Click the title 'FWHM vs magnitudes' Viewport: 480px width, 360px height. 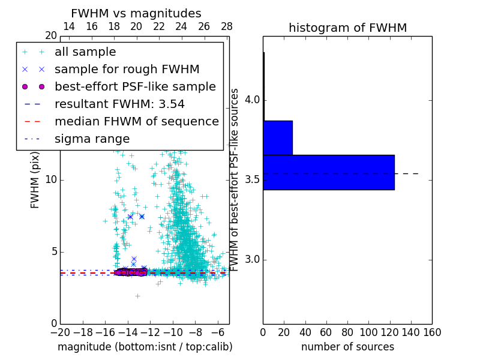(136, 14)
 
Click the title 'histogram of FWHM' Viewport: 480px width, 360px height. (347, 28)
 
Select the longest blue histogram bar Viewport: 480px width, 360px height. (328, 172)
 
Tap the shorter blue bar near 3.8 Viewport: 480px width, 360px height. (277, 137)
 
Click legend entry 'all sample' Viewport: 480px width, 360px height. (85, 52)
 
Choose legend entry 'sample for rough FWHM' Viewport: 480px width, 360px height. (127, 69)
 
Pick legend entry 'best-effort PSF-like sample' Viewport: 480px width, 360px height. (135, 86)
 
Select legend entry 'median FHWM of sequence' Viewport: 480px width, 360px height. (136, 121)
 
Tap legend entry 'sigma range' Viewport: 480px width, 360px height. (92, 139)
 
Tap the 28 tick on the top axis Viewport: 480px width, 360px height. (227, 26)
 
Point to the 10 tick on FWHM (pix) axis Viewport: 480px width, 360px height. (50, 180)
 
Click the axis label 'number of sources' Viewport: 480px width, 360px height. (347, 347)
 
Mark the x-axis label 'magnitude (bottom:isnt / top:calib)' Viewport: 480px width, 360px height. (145, 347)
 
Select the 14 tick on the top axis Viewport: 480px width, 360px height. (69, 26)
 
